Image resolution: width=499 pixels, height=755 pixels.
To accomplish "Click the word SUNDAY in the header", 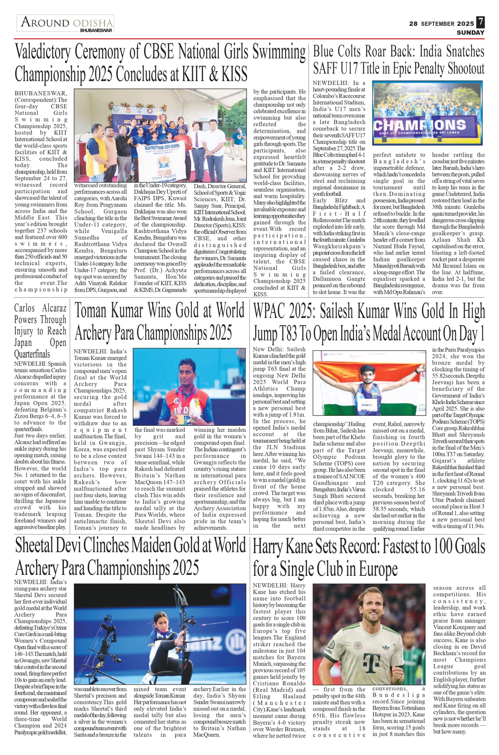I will (x=470, y=33).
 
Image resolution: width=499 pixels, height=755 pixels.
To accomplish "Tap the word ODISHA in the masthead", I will (x=93, y=23).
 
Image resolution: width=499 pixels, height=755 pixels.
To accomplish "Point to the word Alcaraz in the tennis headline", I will (x=54, y=308).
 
